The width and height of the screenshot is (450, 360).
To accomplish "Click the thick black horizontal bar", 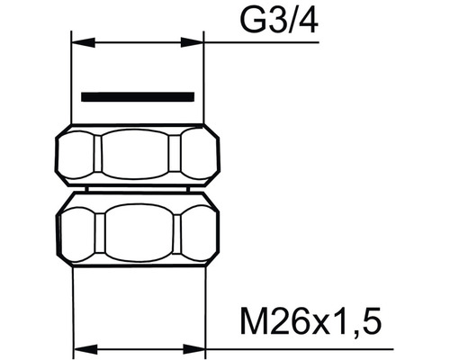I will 137,95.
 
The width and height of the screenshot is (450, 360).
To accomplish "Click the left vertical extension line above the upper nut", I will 71,81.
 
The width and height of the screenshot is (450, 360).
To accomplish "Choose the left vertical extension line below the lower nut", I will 71,306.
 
